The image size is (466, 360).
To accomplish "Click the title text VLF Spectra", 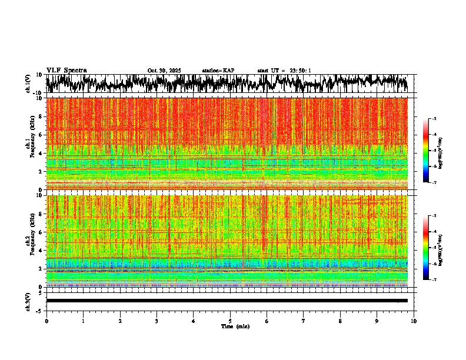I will [66, 71].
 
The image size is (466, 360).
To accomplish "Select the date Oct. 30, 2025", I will [164, 71].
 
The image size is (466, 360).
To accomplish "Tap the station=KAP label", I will [218, 71].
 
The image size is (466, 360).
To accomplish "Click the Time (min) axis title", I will [235, 326].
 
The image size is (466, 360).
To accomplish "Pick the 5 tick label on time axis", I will [230, 321].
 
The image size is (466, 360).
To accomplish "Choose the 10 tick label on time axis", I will [414, 321].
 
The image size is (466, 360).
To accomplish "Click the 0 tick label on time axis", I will [46, 321].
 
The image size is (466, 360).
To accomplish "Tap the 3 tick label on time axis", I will [157, 321].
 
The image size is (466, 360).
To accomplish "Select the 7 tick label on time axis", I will [304, 321].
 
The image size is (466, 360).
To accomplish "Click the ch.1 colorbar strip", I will [432, 151].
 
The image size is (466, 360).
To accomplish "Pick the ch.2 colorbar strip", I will [432, 248].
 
